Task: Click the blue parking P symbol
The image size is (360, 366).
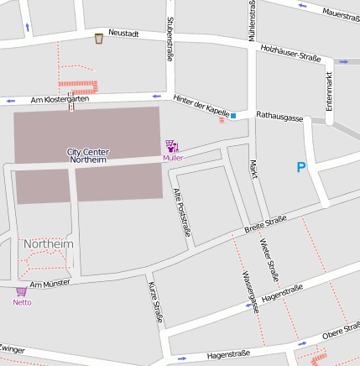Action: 300,168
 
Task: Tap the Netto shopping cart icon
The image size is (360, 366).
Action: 21,292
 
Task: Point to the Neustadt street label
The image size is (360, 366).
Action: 123,34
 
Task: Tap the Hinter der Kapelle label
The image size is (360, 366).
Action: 201,105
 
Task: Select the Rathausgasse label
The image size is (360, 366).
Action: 279,116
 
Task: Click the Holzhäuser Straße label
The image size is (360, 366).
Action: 291,53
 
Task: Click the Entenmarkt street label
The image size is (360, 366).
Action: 329,91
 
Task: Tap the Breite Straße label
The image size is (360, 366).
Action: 265,223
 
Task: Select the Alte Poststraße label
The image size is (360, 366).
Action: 181,211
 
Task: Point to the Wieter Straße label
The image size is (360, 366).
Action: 269,259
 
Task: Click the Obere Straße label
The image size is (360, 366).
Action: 340,334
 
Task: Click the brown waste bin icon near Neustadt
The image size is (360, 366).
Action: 99,38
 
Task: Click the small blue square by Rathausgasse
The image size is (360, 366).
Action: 233,115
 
